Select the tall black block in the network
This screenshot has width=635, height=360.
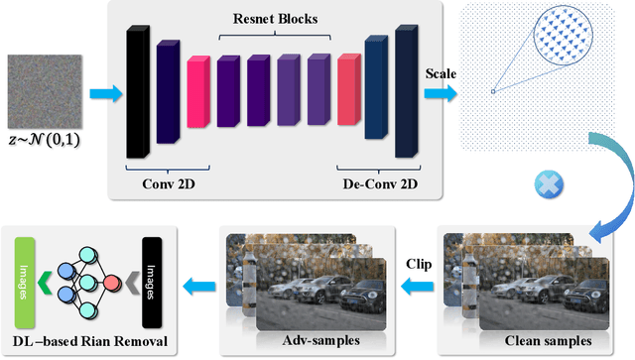click(x=136, y=93)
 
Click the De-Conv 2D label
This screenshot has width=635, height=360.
click(x=373, y=182)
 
